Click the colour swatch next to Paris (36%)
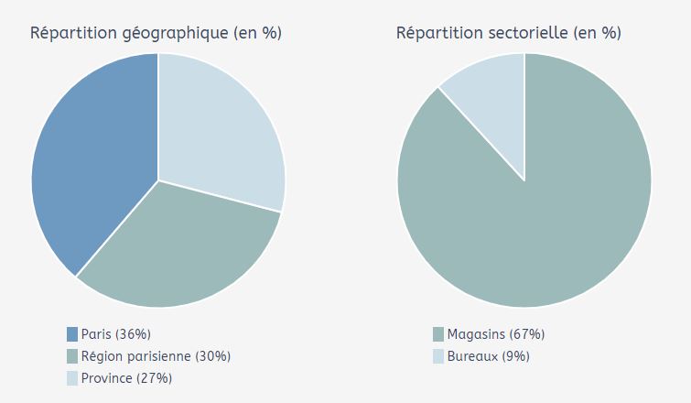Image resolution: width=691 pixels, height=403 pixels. click(x=72, y=334)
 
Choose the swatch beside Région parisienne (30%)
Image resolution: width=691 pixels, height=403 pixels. click(x=72, y=356)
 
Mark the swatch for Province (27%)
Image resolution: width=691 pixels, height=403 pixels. click(x=72, y=378)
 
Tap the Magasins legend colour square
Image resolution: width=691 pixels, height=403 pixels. click(x=438, y=334)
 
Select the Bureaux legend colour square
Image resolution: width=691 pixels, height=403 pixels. click(x=438, y=356)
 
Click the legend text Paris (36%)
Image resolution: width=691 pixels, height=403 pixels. click(x=115, y=334)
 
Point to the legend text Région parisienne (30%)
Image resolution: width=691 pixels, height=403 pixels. click(x=156, y=356)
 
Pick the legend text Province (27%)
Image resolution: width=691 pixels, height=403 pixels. click(x=126, y=378)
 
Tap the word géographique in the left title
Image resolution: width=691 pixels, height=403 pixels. click(x=175, y=34)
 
